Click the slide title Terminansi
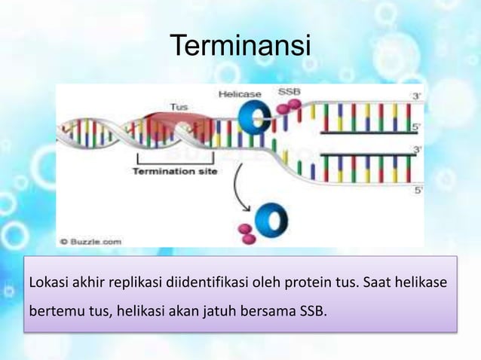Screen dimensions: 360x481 [x=240, y=47]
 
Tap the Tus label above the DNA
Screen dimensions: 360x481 [x=179, y=107]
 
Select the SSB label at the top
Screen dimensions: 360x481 [x=290, y=92]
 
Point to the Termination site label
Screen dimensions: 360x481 [x=175, y=172]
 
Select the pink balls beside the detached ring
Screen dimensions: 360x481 [x=246, y=231]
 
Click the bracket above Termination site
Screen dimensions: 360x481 [x=175, y=159]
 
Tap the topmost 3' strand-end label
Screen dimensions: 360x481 [x=417, y=96]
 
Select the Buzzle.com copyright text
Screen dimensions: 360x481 [x=90, y=241]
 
